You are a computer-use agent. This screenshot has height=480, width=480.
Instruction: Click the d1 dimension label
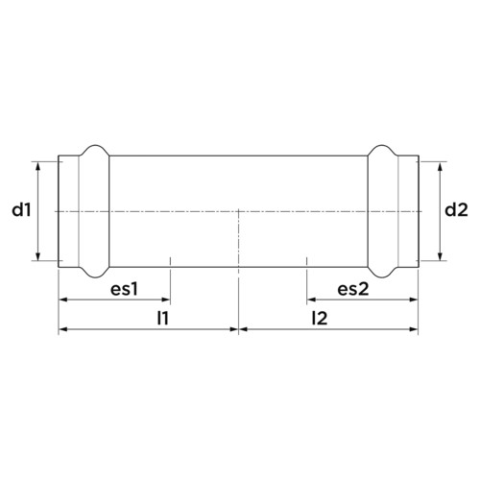(x=21, y=210)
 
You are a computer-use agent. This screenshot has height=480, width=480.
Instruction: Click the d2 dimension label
(x=456, y=210)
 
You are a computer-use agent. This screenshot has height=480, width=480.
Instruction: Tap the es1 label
(x=124, y=289)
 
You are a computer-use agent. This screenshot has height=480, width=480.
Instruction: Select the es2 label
(x=353, y=289)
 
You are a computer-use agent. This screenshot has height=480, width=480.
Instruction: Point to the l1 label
(x=163, y=319)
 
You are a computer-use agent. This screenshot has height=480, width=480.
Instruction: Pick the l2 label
(x=320, y=319)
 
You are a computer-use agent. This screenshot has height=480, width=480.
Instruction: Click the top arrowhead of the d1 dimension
(x=38, y=166)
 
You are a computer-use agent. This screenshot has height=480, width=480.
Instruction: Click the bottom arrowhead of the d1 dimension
(x=38, y=256)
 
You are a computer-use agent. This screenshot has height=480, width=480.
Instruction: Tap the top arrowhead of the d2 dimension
(x=440, y=166)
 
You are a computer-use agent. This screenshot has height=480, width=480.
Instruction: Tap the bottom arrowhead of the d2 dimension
(x=440, y=256)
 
